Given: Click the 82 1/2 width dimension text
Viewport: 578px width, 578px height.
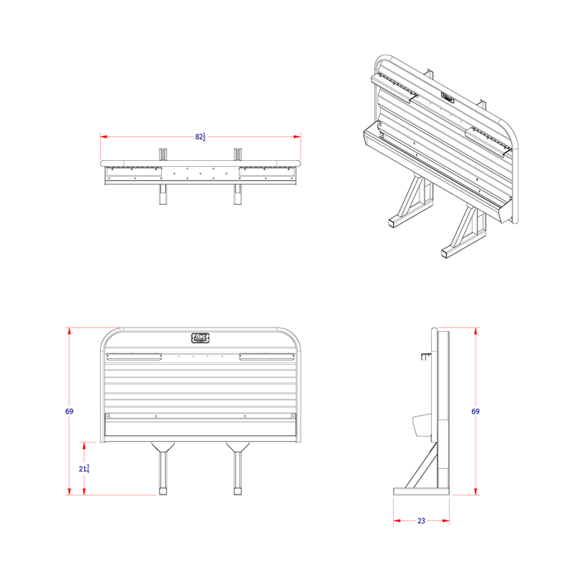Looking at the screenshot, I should [x=201, y=136].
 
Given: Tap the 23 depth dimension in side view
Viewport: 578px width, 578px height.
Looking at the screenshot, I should [x=420, y=521].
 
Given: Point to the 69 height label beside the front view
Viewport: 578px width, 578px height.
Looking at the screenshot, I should [x=69, y=411].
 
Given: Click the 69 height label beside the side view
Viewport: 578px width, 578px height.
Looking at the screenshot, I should [x=476, y=410].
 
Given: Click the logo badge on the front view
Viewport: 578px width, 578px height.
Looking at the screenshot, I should [x=201, y=337].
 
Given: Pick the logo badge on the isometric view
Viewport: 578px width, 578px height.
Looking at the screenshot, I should [x=447, y=97].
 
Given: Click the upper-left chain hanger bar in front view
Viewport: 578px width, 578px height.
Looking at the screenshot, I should [x=134, y=358].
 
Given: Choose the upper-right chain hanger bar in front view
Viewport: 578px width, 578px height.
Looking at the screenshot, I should [x=267, y=358].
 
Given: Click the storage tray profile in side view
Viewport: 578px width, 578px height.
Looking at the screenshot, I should [x=419, y=424].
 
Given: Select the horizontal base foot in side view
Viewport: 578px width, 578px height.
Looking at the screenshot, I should [x=421, y=491].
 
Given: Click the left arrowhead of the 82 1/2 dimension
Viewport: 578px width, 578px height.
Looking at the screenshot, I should [x=103, y=136].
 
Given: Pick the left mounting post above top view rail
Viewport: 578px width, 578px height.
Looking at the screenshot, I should [x=163, y=154].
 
